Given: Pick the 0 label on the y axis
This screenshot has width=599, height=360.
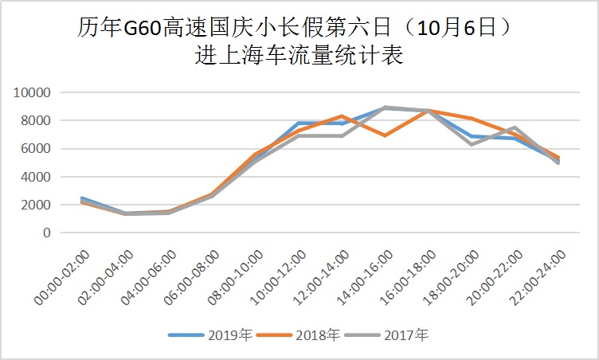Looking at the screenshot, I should [47, 233].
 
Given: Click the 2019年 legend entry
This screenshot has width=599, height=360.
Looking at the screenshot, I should [211, 335].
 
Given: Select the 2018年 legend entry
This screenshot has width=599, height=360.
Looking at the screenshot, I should [300, 335].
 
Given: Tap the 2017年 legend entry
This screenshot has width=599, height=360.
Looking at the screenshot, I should [390, 335].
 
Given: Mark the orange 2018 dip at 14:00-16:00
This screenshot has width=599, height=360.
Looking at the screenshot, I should [386, 135].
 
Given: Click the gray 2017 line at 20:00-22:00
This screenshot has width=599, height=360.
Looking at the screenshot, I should [515, 127].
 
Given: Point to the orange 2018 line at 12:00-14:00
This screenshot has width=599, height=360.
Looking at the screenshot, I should [342, 116].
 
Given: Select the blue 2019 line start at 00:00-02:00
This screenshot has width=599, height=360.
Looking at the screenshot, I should [82, 198].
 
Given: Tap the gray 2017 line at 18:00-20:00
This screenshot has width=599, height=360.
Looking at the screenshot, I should [472, 144].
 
